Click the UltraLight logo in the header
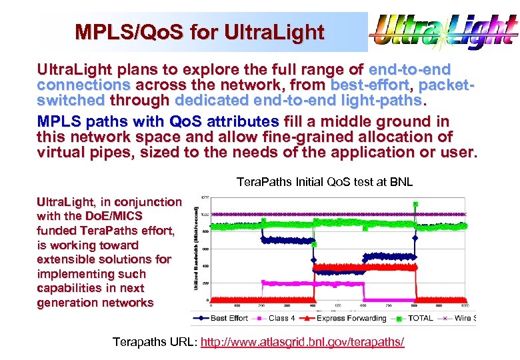(443, 31)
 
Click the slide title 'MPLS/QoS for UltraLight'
(199, 32)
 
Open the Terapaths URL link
(302, 342)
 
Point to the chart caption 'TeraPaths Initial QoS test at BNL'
(325, 182)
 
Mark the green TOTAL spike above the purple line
(415, 205)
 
